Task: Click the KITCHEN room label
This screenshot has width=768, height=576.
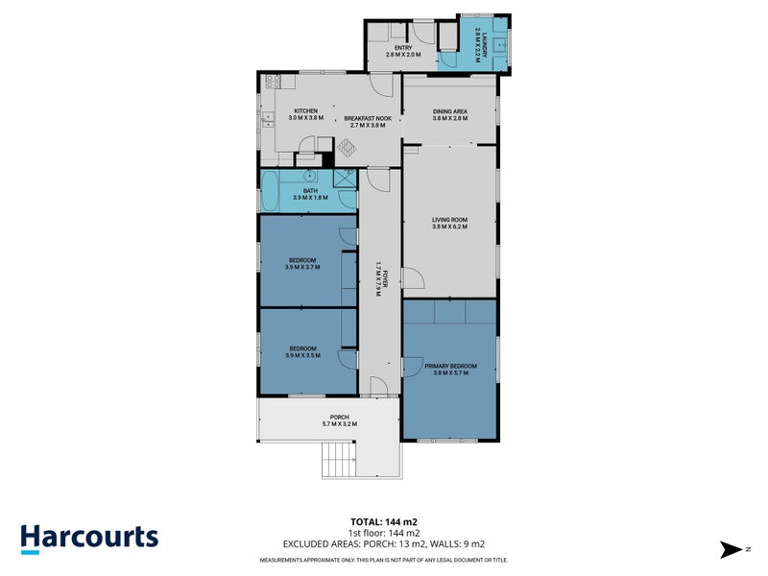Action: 306,114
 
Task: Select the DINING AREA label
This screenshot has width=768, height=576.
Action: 449,114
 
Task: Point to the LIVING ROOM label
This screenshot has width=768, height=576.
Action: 449,223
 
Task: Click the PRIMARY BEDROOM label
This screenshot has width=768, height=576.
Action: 449,369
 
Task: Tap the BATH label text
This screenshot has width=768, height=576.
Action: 310,193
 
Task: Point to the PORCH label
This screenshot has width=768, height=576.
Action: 327,420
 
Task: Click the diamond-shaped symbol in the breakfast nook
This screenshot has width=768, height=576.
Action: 347,148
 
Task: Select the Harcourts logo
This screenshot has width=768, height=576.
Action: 89,538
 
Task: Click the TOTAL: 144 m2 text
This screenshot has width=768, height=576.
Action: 383,521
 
